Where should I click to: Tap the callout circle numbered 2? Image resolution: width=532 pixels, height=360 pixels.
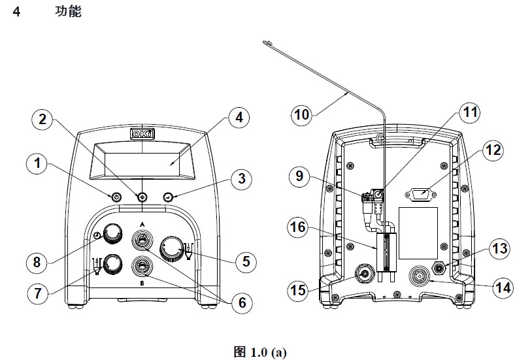[x=42, y=120]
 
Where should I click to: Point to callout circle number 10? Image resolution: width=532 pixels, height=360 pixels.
[x=302, y=115]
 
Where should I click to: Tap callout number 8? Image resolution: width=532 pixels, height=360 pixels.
[x=37, y=263]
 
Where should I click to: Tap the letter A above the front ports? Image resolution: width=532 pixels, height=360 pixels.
[x=142, y=222]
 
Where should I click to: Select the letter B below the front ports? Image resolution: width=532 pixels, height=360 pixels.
[x=142, y=285]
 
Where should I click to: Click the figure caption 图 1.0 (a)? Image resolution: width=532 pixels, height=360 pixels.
[x=259, y=353]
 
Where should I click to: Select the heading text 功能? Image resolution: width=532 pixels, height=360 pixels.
[x=68, y=12]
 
